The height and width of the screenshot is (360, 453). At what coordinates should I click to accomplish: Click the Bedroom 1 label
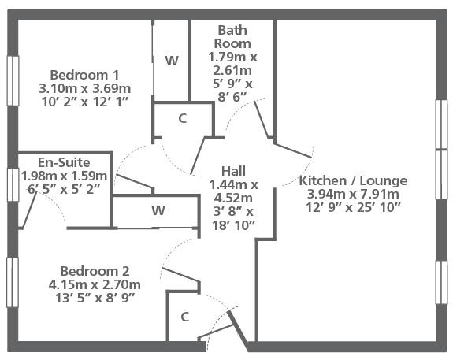click(x=84, y=75)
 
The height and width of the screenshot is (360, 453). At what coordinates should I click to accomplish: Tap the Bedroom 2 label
click(x=95, y=271)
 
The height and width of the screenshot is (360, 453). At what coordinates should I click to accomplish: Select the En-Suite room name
click(x=64, y=162)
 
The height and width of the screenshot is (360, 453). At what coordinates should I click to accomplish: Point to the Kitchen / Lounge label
click(x=353, y=180)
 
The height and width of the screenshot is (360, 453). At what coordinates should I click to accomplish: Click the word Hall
click(x=233, y=171)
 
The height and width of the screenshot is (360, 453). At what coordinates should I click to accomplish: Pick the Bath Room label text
click(x=232, y=37)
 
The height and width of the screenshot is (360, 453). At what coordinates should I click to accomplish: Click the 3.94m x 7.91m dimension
click(x=353, y=194)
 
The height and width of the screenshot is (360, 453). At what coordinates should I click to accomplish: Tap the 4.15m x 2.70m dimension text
click(x=95, y=285)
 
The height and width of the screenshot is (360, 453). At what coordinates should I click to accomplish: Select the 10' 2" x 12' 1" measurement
click(x=84, y=102)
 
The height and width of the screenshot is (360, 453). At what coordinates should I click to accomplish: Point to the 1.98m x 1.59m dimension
click(x=64, y=176)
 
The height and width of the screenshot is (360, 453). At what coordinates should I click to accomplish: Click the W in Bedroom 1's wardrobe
click(x=172, y=61)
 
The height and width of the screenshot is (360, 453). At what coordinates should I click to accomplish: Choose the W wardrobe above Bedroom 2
click(x=158, y=210)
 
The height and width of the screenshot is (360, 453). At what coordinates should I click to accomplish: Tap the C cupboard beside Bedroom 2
click(x=185, y=317)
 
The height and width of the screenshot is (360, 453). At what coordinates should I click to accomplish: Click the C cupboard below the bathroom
click(x=183, y=118)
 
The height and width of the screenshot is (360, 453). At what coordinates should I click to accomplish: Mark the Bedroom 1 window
click(x=13, y=80)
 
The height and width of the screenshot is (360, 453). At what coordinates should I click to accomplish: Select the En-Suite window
click(x=13, y=184)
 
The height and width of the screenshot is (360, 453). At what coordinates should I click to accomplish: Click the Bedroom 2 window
click(x=13, y=282)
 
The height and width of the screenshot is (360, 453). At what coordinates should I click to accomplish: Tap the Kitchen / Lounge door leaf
click(x=293, y=150)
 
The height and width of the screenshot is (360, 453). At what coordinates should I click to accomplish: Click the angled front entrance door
click(x=238, y=331)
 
